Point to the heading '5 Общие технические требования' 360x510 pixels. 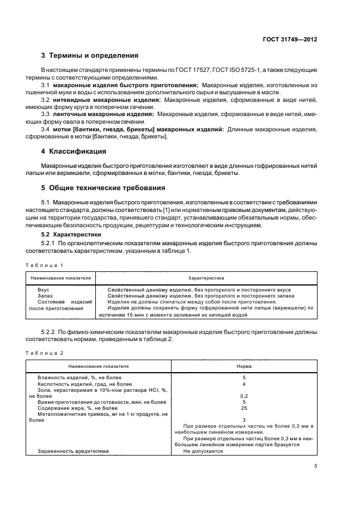[x=103, y=188]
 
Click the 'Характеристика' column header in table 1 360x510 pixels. [x=206, y=278]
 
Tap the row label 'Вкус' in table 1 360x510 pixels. [x=44, y=290]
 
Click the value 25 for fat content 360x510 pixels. [x=243, y=408]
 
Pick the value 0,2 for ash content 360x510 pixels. [x=243, y=396]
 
